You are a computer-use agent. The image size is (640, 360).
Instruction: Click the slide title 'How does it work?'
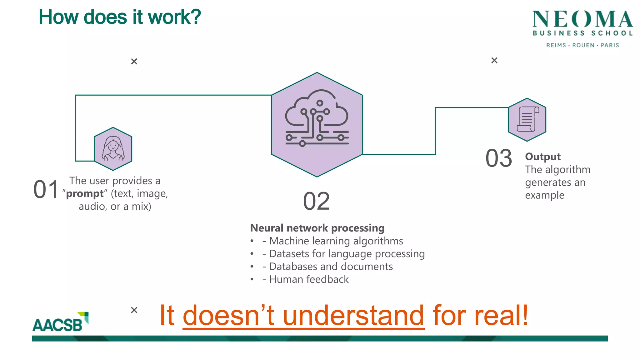[x=120, y=17]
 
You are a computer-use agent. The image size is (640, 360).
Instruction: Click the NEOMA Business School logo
[x=582, y=23]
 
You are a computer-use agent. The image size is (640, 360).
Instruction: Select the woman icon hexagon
[x=113, y=149]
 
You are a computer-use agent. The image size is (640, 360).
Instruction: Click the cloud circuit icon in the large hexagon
[x=317, y=119]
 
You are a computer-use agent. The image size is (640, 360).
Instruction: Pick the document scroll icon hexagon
[x=527, y=119]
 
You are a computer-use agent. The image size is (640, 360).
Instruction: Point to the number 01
[x=46, y=190]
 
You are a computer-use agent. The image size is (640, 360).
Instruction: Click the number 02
[x=316, y=202]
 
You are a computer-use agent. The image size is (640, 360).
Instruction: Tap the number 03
[x=499, y=158]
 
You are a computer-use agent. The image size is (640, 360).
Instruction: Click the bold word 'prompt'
[x=85, y=194]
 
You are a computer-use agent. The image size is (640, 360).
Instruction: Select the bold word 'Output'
[x=543, y=157]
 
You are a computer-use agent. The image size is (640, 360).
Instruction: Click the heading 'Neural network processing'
[x=317, y=228]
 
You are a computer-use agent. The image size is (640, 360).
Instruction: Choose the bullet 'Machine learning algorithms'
[x=336, y=241]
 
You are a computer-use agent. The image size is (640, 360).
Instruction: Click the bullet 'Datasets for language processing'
[x=347, y=254]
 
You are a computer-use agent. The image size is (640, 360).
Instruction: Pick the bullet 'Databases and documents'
[x=331, y=267]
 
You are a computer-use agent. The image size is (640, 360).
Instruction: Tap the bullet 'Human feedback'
[x=309, y=279]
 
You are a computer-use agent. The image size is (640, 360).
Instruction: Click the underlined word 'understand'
[x=353, y=316]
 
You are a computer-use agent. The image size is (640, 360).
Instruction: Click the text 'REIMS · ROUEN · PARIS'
[x=582, y=45]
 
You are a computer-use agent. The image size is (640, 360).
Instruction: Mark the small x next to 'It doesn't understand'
[x=134, y=310]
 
